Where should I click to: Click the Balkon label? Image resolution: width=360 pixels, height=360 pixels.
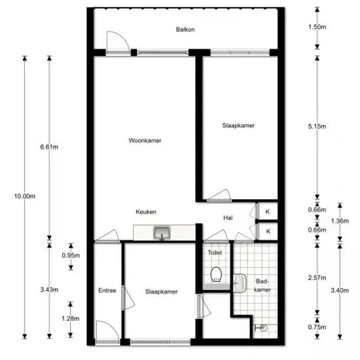coord(185,29)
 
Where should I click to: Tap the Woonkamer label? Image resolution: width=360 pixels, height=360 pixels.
coord(145,140)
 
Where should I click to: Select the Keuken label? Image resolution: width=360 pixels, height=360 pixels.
coord(146,211)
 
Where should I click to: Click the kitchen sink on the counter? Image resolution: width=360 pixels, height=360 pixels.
coord(162,232)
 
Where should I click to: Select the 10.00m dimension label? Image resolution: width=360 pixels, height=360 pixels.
coord(25,196)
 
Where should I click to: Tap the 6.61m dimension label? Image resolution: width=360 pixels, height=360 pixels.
coord(49,147)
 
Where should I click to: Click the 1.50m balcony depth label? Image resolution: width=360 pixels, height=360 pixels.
coord(317,27)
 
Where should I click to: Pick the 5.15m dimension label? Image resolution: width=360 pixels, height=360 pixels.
coord(317,126)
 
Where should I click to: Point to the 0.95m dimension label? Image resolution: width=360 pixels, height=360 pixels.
coord(71,255)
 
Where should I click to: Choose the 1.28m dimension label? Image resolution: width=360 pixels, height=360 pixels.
coord(71,319)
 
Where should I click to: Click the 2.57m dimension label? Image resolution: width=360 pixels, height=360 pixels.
coord(317,278)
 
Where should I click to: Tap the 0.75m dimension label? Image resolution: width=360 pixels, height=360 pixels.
coord(317,327)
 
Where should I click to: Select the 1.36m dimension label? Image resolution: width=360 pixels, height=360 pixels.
coord(340,221)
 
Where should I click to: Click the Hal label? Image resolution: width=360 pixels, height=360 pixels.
coord(228,218)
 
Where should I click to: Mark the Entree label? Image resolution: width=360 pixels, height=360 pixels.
coord(107,291)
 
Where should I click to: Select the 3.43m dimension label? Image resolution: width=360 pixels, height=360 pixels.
coord(49,290)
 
